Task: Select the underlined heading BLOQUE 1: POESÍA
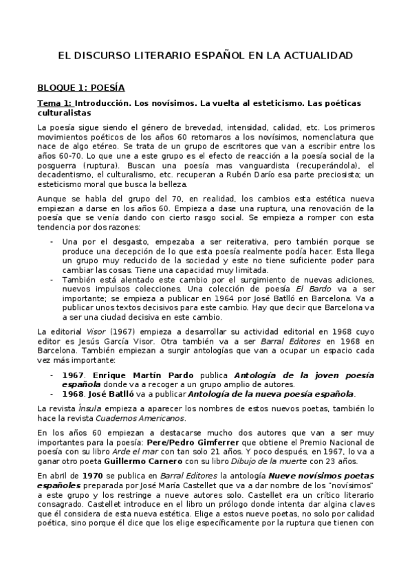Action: [x=80, y=88]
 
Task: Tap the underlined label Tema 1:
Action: [x=54, y=102]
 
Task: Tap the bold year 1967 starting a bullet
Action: [x=74, y=375]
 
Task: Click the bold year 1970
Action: [x=93, y=476]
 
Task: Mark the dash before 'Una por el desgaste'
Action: [x=52, y=241]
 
